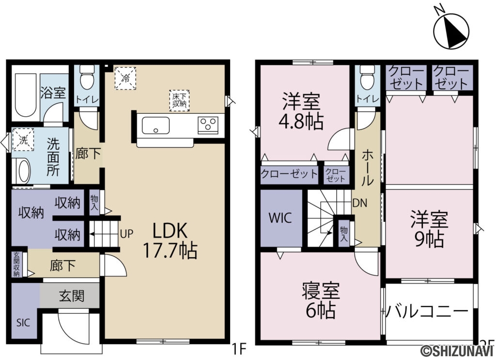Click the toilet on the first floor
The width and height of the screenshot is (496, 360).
87,80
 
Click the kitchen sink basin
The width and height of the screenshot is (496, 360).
155,125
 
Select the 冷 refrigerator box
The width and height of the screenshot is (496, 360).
125,78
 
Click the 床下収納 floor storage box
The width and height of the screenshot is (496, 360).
179,100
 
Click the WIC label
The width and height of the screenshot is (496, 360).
281,218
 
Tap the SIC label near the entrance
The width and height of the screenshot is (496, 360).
23,322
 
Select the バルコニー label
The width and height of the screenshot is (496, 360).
427,311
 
